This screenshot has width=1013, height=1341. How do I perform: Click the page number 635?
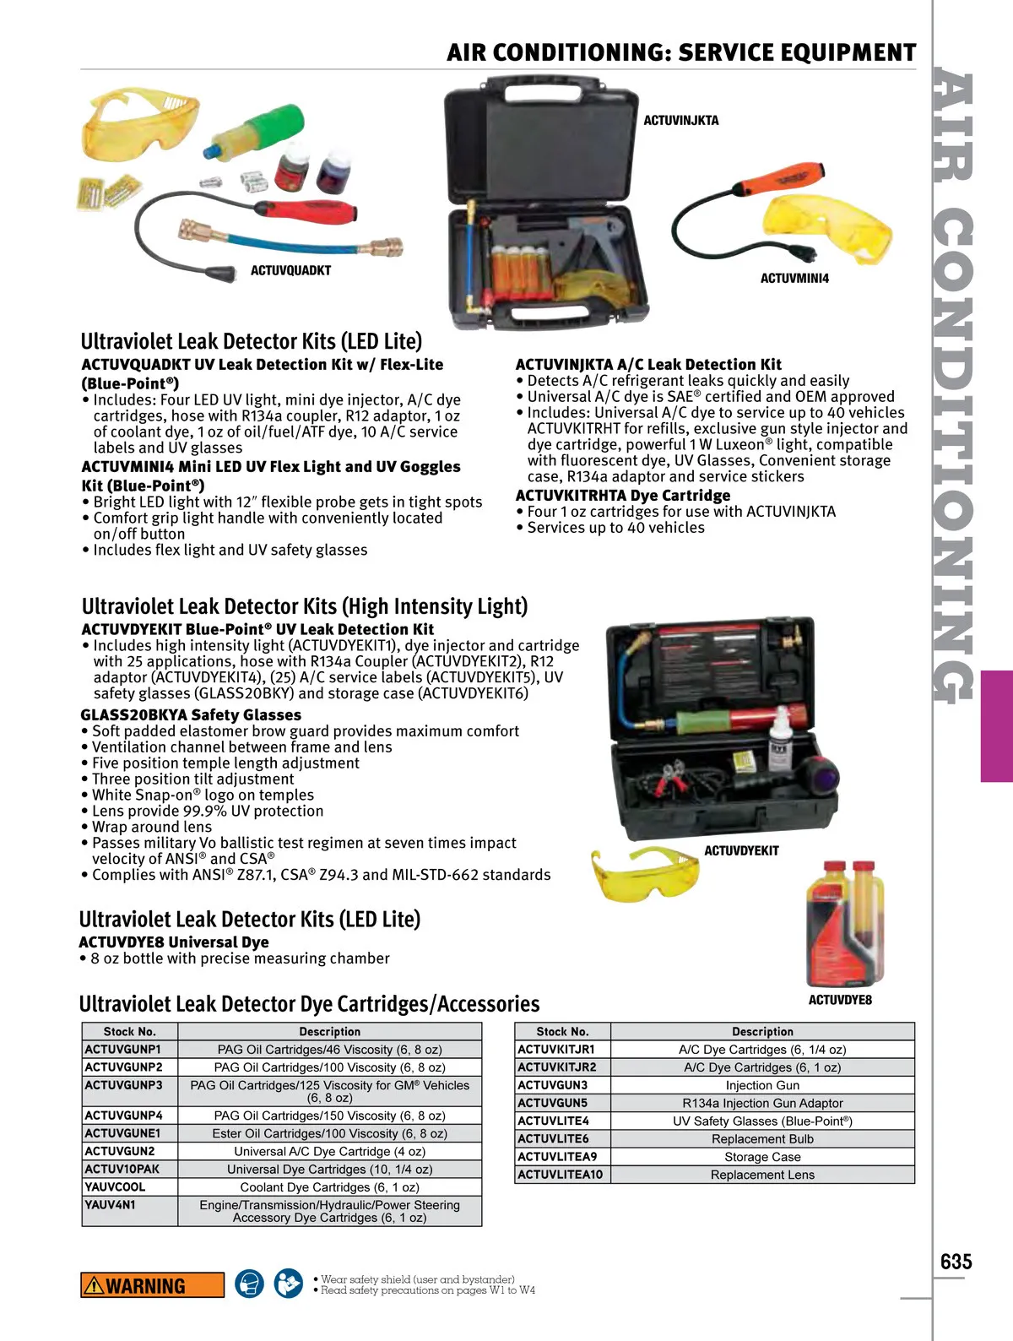click(956, 1262)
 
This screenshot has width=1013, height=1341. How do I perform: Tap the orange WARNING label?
click(152, 1285)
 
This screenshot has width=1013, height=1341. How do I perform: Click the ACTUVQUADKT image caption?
click(290, 271)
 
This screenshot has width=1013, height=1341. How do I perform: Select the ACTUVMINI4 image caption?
click(794, 279)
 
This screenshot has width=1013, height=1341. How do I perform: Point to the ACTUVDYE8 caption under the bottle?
click(840, 1001)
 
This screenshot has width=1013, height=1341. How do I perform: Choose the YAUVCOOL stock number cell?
click(129, 1186)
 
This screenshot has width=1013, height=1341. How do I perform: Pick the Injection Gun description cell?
click(762, 1085)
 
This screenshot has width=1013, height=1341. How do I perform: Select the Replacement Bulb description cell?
click(762, 1138)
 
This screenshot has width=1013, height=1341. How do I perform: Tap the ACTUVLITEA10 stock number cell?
click(561, 1175)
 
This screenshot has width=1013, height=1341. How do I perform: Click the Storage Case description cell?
click(762, 1157)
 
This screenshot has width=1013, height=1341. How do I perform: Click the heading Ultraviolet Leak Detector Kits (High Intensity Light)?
click(305, 606)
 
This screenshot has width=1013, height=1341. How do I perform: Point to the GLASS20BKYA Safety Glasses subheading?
click(191, 714)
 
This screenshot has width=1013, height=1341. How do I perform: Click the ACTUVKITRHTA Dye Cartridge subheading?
click(623, 496)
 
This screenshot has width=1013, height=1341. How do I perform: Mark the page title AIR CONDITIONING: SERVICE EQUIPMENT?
click(681, 53)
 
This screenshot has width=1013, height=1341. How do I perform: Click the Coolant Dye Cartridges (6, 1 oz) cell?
click(329, 1186)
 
